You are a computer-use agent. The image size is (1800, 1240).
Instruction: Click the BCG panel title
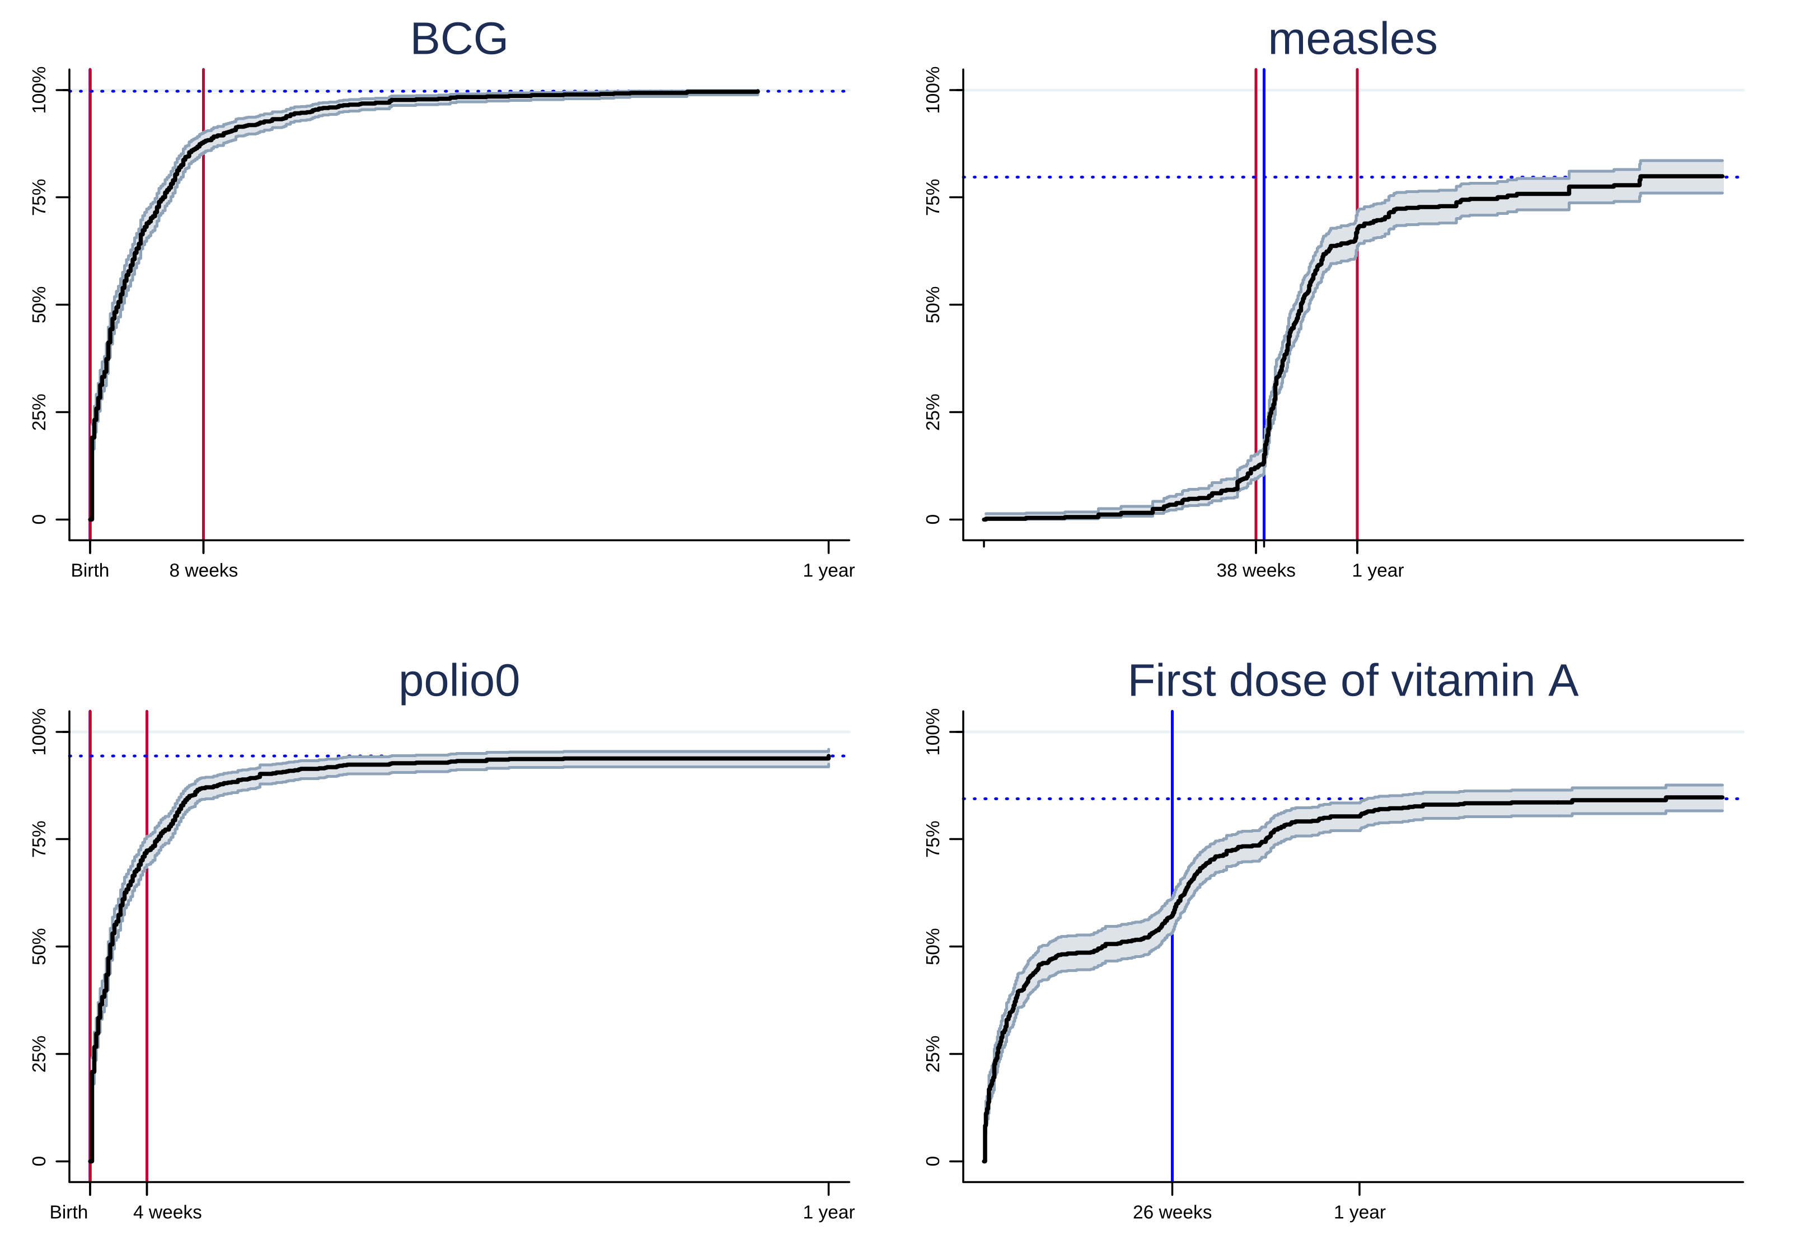pyautogui.click(x=458, y=39)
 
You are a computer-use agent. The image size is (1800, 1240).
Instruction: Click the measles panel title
pyautogui.click(x=1352, y=39)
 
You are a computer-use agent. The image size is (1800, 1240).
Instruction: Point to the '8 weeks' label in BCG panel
pyautogui.click(x=204, y=570)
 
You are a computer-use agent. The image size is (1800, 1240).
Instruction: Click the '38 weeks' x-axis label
pyautogui.click(x=1255, y=570)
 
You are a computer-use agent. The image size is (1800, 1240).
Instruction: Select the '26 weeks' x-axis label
pyautogui.click(x=1171, y=1212)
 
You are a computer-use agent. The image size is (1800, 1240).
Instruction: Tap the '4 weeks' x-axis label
pyautogui.click(x=167, y=1212)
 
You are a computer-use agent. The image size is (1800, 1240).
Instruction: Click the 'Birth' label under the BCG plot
pyautogui.click(x=90, y=570)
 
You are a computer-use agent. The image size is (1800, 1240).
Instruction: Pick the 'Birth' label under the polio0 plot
pyautogui.click(x=68, y=1212)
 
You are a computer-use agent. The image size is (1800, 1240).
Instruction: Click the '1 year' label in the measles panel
pyautogui.click(x=1377, y=570)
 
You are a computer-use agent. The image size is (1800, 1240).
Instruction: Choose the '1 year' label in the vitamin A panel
pyautogui.click(x=1360, y=1212)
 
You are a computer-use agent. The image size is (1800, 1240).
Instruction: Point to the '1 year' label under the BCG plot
pyautogui.click(x=828, y=570)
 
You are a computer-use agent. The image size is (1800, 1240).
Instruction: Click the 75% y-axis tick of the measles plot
pyautogui.click(x=932, y=198)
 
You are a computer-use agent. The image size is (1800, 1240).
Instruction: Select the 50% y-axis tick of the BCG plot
pyautogui.click(x=39, y=304)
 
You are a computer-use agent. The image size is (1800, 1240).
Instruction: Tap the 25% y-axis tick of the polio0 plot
pyautogui.click(x=39, y=1054)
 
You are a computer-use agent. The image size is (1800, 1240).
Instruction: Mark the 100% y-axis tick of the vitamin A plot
pyautogui.click(x=932, y=732)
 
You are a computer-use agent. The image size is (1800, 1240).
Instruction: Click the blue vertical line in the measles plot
pyautogui.click(x=1264, y=311)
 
